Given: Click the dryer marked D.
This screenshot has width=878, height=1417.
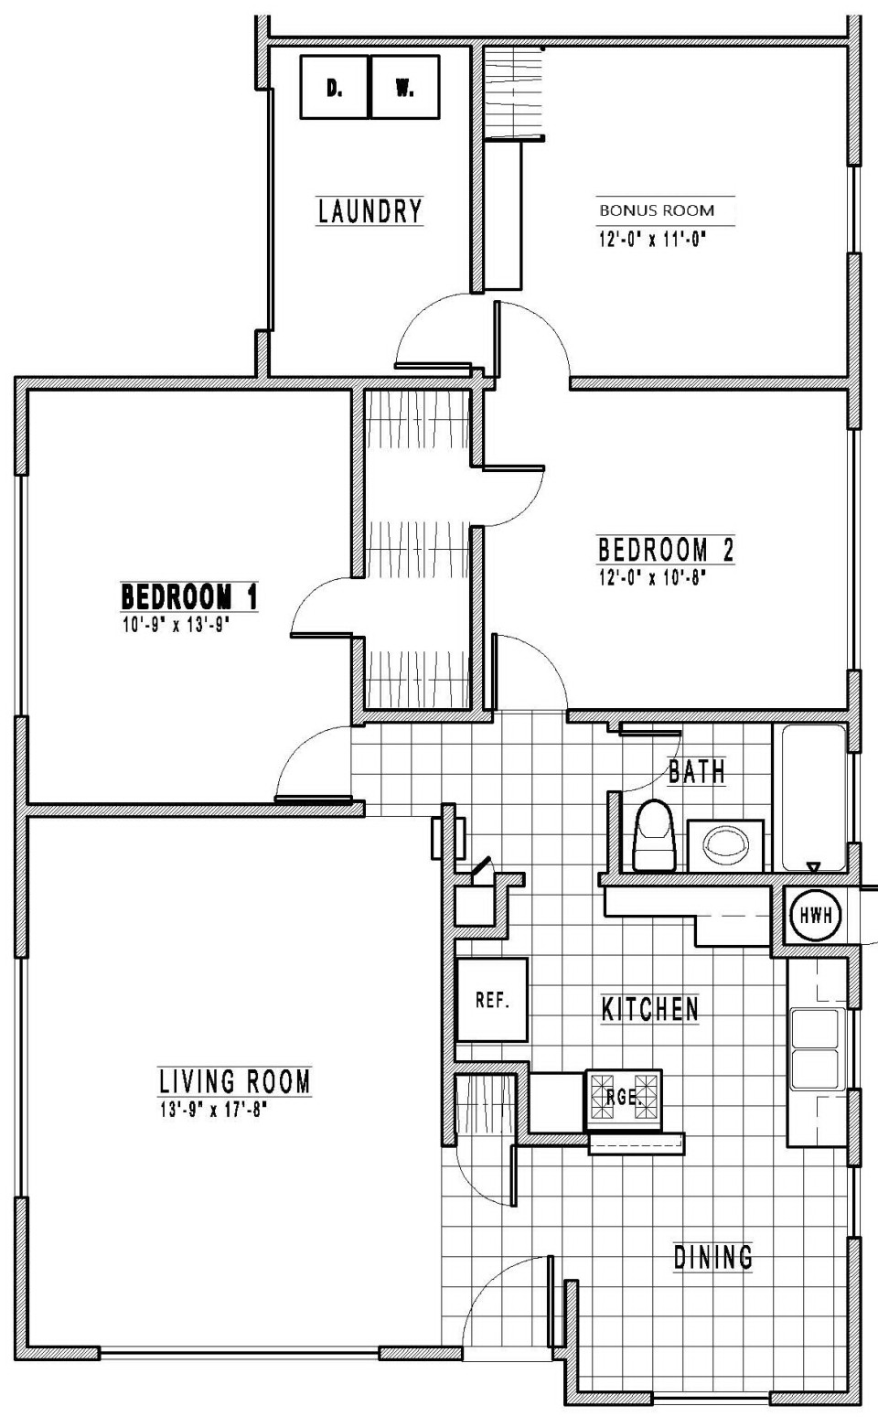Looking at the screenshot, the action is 335,87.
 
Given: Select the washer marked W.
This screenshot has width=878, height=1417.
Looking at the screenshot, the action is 405,87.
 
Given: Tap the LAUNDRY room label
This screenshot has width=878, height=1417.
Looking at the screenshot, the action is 370,211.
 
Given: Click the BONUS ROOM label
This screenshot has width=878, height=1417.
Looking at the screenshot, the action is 657,210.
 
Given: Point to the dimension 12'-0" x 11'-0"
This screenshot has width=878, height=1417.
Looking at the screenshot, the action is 652,240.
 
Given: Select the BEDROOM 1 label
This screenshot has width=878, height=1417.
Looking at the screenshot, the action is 189,596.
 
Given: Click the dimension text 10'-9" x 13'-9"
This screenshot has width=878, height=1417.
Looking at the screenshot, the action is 176,626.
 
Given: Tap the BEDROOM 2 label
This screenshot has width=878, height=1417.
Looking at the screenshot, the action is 666,549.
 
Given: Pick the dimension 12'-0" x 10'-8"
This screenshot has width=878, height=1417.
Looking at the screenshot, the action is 652,578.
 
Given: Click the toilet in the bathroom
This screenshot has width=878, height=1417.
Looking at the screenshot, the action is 654,836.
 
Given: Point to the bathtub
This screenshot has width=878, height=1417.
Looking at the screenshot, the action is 813,798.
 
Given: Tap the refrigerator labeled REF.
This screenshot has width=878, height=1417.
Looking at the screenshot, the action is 492,1000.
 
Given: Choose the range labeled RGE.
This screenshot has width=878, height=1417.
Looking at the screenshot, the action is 624,1100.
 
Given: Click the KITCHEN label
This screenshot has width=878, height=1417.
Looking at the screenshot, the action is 649,1010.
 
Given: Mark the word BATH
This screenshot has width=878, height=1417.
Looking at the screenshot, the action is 696,772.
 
